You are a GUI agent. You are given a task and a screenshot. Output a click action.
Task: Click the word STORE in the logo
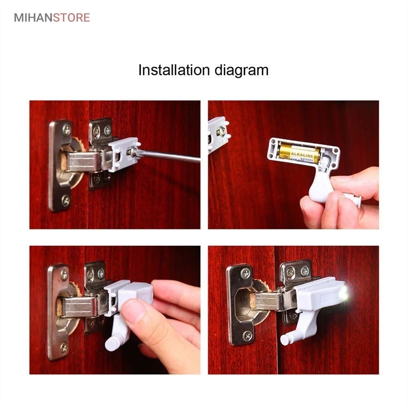72,18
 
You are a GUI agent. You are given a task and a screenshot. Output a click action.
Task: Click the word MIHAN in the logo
34,18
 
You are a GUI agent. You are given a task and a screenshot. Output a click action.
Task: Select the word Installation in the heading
174,70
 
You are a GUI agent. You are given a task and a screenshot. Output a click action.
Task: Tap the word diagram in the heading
242,71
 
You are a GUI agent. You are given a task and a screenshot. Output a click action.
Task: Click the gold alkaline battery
300,154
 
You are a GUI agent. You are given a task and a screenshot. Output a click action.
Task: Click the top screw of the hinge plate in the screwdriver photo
67,129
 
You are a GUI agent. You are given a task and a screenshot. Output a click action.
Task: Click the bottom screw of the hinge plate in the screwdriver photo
65,200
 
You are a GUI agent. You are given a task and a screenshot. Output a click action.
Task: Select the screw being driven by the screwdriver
131,152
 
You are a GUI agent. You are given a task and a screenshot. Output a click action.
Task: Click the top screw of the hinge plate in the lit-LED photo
245,273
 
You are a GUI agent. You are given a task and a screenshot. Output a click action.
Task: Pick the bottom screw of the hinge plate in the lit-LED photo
247,336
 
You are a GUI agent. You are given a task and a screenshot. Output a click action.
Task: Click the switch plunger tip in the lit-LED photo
285,340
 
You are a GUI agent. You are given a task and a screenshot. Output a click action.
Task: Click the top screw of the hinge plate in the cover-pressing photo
64,274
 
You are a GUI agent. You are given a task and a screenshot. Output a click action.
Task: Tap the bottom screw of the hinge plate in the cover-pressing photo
64,347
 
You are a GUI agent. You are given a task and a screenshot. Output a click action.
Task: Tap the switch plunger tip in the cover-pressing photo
110,344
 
